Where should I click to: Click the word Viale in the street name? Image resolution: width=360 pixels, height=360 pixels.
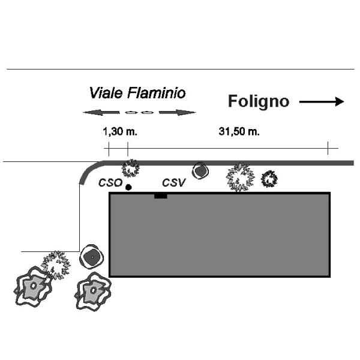(106, 93)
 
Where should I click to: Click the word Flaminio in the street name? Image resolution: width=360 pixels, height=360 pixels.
(157, 93)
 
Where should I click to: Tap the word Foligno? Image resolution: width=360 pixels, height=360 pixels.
(259, 101)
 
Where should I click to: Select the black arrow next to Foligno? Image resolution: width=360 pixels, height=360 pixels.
(322, 101)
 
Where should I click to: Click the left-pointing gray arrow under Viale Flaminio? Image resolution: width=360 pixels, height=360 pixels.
(101, 112)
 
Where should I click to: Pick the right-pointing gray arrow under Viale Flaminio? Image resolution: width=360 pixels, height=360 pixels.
(177, 112)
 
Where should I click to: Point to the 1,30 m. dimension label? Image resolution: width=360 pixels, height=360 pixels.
(120, 132)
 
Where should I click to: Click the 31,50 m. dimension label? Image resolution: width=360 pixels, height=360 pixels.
(239, 132)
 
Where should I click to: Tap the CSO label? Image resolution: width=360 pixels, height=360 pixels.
(110, 183)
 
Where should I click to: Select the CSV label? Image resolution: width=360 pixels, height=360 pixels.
(173, 183)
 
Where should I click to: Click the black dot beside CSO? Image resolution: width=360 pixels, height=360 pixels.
(128, 187)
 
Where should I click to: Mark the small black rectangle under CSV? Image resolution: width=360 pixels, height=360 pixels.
(160, 196)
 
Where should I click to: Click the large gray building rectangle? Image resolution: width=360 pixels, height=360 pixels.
(220, 235)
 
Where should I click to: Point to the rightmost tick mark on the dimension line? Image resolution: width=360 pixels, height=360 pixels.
(328, 148)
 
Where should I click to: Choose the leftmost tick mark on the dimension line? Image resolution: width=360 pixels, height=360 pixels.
(109, 149)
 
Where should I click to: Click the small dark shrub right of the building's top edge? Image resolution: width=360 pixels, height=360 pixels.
(269, 179)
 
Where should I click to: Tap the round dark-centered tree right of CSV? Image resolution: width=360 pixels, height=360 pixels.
(200, 170)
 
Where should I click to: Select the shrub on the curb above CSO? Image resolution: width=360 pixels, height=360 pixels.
(130, 169)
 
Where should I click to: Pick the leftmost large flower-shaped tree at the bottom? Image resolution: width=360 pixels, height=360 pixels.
(33, 286)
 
